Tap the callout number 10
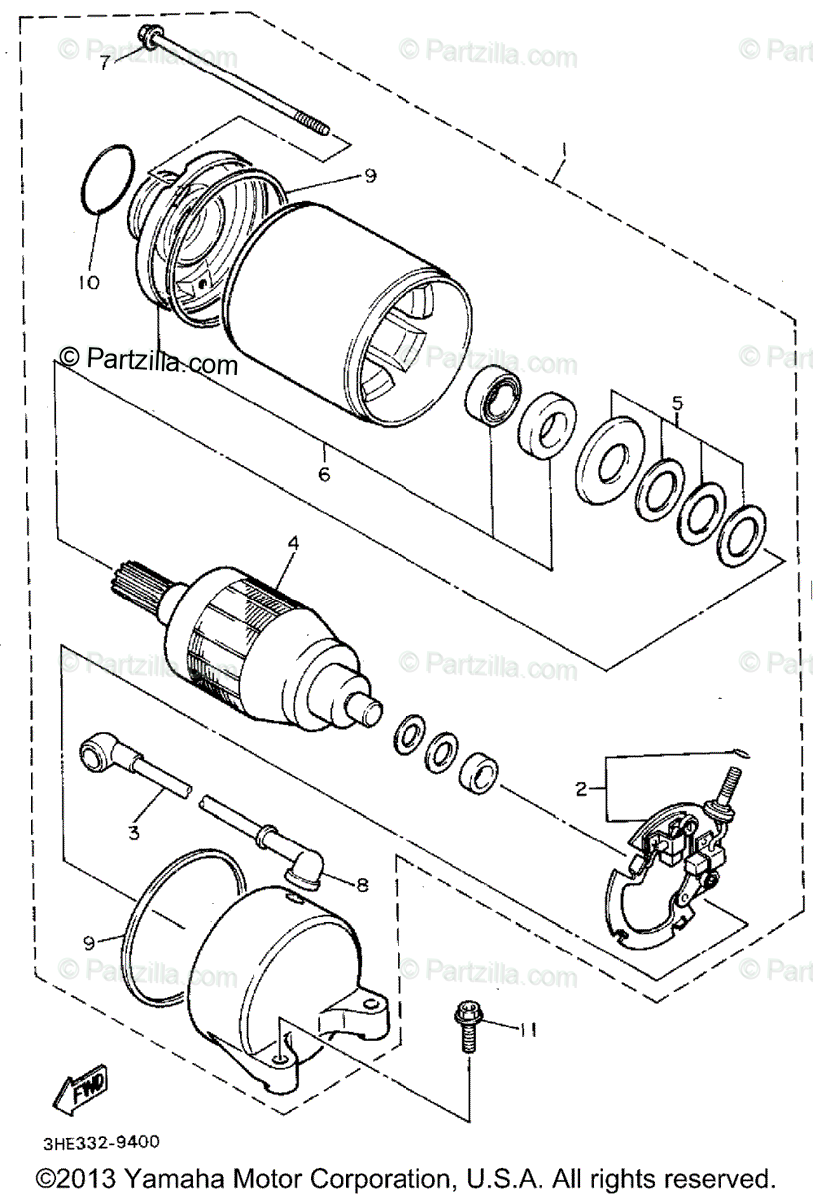[89, 282]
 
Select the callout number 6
[323, 473]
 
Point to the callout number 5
[677, 404]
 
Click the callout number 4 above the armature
[293, 544]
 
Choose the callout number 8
[363, 883]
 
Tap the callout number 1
[564, 150]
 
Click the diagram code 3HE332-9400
[100, 1141]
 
